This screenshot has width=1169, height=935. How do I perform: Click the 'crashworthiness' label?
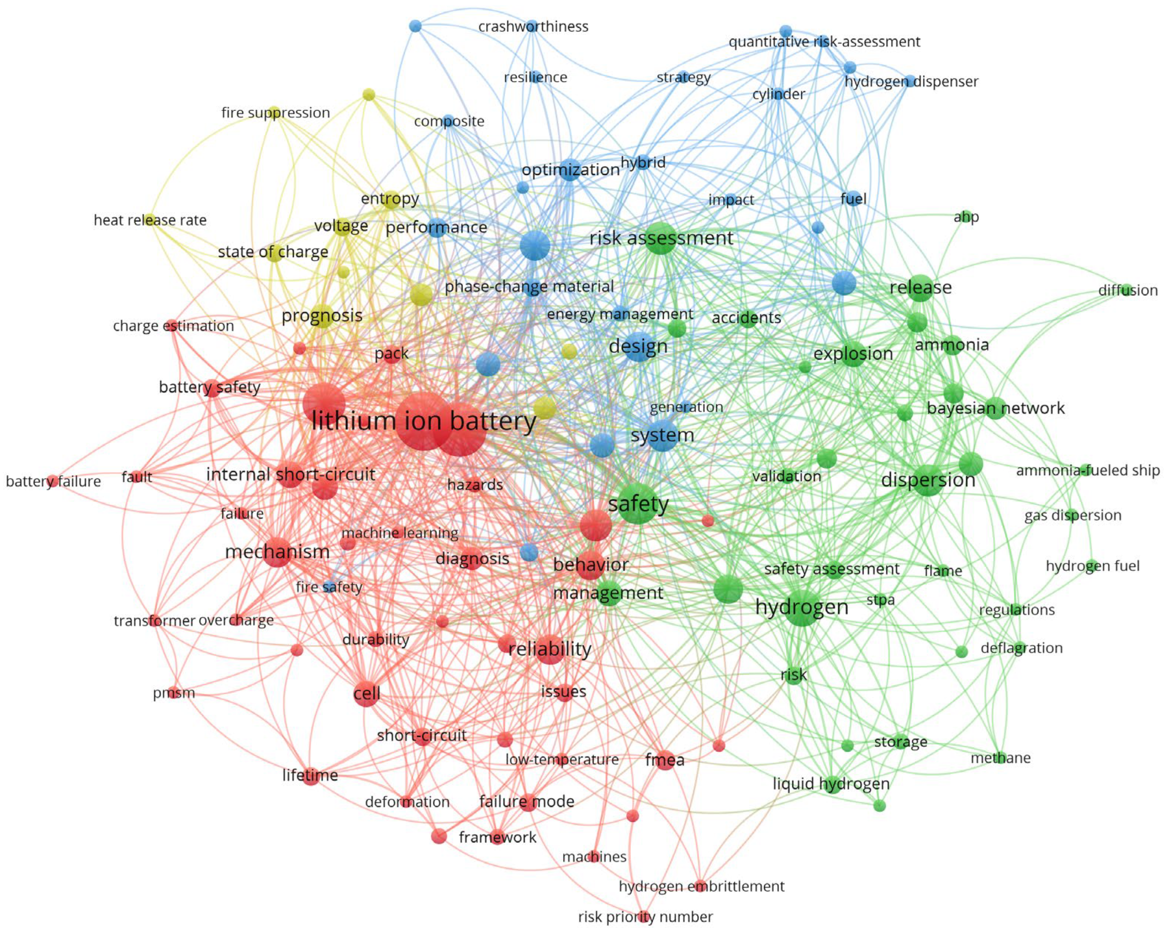pyautogui.click(x=533, y=26)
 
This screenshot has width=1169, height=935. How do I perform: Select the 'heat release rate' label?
pyautogui.click(x=150, y=220)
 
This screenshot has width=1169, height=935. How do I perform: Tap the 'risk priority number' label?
pyautogui.click(x=645, y=917)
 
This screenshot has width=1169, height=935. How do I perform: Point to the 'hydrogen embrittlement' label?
pyautogui.click(x=701, y=886)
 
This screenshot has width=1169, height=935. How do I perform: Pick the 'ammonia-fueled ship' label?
pyautogui.click(x=1088, y=470)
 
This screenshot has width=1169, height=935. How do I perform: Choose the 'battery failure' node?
pyautogui.click(x=52, y=481)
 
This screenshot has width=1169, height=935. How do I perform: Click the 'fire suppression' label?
pyautogui.click(x=276, y=113)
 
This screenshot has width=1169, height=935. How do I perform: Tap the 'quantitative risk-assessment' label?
pyautogui.click(x=824, y=42)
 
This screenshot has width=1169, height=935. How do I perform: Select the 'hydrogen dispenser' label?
pyautogui.click(x=911, y=81)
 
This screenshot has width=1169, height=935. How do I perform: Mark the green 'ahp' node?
pyautogui.click(x=966, y=217)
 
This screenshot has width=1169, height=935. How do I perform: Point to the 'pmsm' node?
pyautogui.click(x=173, y=692)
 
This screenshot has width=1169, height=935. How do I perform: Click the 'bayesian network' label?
pyautogui.click(x=996, y=408)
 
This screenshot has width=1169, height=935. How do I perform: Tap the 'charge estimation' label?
pyautogui.click(x=173, y=326)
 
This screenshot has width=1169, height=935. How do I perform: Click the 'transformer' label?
pyautogui.click(x=154, y=621)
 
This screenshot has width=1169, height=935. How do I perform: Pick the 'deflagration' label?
pyautogui.click(x=1021, y=648)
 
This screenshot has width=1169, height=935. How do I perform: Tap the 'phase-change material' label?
pyautogui.click(x=529, y=286)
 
